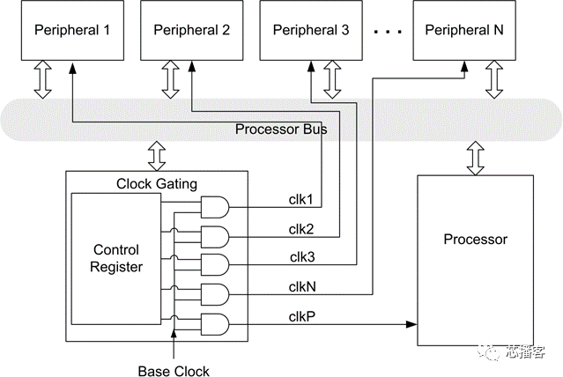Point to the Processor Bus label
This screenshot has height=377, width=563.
281,129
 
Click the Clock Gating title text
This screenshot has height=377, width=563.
158,183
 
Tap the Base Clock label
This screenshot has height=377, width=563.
174,370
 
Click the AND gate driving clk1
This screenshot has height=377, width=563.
215,208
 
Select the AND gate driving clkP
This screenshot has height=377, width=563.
215,324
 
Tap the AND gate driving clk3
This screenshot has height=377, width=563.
215,266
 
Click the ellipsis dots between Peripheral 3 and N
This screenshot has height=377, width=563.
387,32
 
